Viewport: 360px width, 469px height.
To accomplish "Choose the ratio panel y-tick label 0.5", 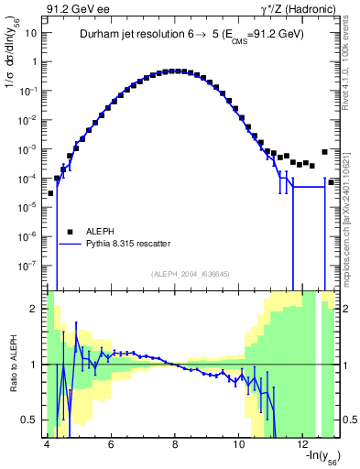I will pos(33,420).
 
